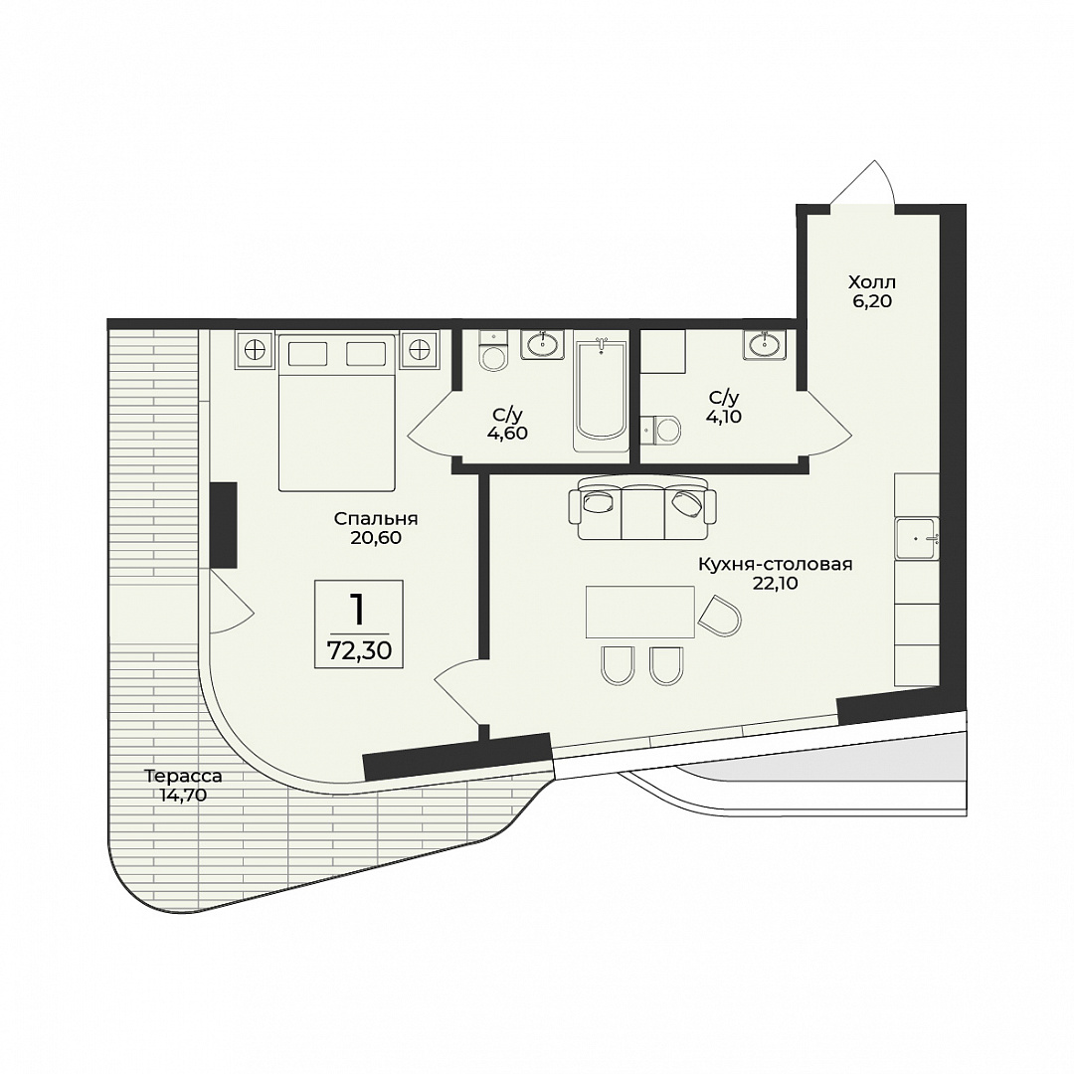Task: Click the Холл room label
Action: pos(872,282)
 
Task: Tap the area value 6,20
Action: pos(872,301)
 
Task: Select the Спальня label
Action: pos(376,519)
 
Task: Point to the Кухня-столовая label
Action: pos(776,565)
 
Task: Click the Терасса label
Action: pos(183,777)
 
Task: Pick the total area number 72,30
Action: pos(360,650)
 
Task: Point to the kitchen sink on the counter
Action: pos(917,539)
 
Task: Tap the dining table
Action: pos(639,612)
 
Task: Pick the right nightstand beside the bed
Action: pos(420,349)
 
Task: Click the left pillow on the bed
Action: pos(307,354)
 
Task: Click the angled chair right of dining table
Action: pos(720,616)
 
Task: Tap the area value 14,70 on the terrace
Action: pos(183,796)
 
